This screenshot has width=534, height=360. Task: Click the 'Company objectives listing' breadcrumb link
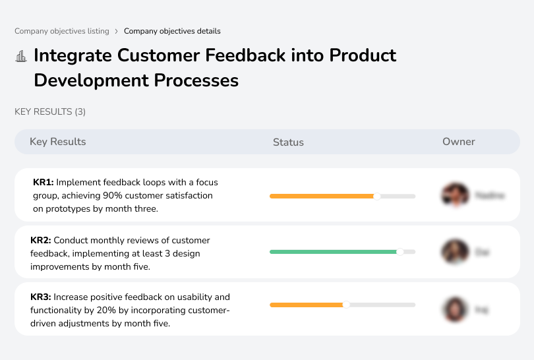pyautogui.click(x=61, y=31)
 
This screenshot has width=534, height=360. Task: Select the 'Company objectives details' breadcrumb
pyautogui.click(x=172, y=31)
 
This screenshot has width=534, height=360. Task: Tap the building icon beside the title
pyautogui.click(x=20, y=57)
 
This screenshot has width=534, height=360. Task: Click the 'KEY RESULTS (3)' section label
pyautogui.click(x=50, y=112)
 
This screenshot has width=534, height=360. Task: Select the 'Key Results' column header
pyautogui.click(x=57, y=142)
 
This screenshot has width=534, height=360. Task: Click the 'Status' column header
pyautogui.click(x=288, y=142)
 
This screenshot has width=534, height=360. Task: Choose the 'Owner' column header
pyautogui.click(x=458, y=142)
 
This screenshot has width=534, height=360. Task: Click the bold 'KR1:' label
pyautogui.click(x=44, y=183)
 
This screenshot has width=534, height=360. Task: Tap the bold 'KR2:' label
pyautogui.click(x=42, y=241)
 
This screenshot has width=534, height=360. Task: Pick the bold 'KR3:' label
pyautogui.click(x=42, y=297)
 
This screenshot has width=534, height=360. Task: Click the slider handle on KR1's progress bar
pyautogui.click(x=377, y=196)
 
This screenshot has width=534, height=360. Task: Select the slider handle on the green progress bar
pyautogui.click(x=400, y=252)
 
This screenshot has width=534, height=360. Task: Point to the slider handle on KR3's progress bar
pyautogui.click(x=346, y=305)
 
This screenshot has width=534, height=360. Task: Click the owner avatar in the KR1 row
pyautogui.click(x=454, y=195)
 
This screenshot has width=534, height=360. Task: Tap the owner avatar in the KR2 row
pyautogui.click(x=454, y=252)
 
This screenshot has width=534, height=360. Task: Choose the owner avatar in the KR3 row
pyautogui.click(x=454, y=309)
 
